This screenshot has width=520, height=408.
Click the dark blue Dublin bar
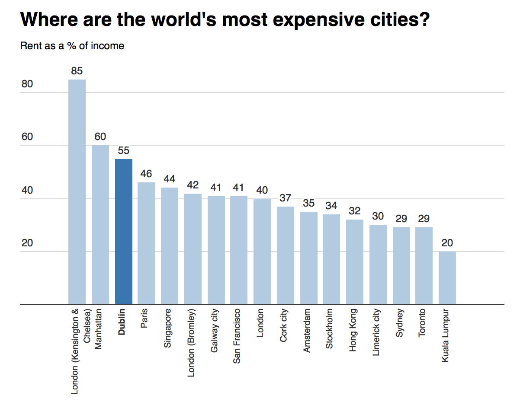tap(123, 231)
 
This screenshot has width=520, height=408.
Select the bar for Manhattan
tap(100, 224)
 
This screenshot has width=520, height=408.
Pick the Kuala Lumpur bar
tap(447, 277)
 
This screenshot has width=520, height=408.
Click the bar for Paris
tap(146, 243)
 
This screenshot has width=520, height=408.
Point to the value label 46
tap(146, 174)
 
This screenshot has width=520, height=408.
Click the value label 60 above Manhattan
tap(100, 137)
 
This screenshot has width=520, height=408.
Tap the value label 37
tap(285, 198)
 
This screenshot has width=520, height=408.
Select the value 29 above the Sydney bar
tap(401, 219)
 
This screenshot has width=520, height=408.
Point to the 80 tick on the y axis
tap(27, 84)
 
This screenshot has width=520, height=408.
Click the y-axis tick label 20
tap(27, 243)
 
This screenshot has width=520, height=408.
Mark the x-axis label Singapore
tap(168, 328)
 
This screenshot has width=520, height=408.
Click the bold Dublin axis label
tap(122, 322)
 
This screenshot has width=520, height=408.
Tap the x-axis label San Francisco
tap(237, 336)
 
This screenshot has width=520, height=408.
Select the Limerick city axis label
tap(376, 332)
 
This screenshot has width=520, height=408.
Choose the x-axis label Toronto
tap(423, 322)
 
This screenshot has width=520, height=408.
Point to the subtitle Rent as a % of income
tap(72, 46)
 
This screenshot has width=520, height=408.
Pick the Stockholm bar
tap(331, 259)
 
